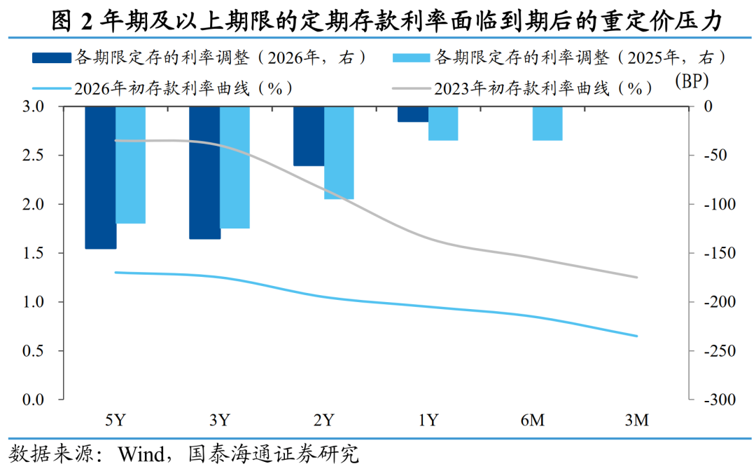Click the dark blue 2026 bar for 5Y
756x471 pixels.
(100, 177)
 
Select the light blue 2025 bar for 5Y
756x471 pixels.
(130, 165)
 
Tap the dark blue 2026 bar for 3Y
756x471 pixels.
(204, 172)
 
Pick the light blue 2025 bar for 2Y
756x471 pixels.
(339, 153)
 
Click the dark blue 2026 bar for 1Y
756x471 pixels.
(413, 114)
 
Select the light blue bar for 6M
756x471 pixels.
(547, 123)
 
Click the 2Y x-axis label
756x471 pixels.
(323, 421)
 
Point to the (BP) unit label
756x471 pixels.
(692, 81)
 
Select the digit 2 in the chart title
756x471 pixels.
(87, 21)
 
